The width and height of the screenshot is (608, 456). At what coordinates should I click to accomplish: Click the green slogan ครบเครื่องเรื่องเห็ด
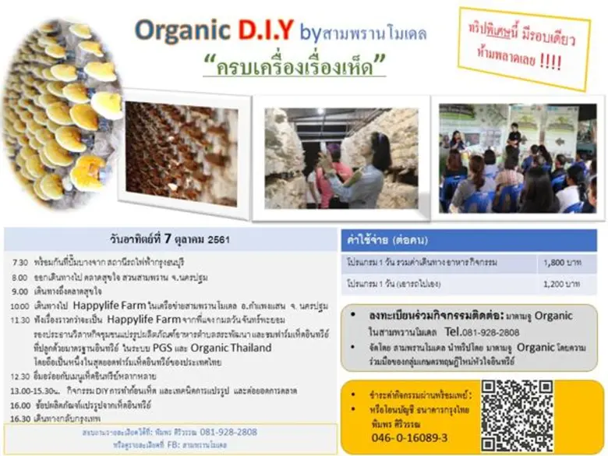295,65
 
